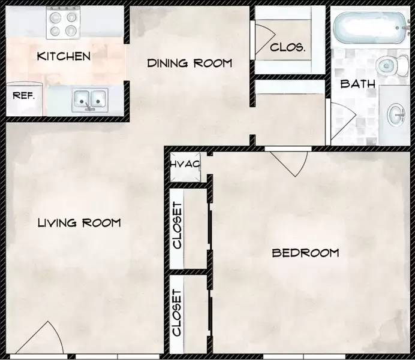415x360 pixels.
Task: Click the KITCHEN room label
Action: coord(64,56)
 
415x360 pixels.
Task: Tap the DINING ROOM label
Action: coord(190,63)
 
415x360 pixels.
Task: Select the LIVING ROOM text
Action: coord(79,223)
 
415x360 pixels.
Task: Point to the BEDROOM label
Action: coord(305,253)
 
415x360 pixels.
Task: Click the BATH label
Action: coord(358,84)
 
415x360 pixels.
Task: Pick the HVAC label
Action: coord(185,164)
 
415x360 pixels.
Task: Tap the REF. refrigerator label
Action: coord(24,95)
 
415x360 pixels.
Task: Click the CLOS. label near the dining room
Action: coord(288,47)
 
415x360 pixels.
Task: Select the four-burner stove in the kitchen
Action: coord(64,23)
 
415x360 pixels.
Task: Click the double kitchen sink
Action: coord(91,99)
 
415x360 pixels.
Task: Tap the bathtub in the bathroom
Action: coord(370,28)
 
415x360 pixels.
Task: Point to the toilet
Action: coord(392,66)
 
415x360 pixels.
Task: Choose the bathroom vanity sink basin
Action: coord(396,115)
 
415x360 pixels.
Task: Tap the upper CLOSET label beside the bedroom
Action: coord(177,225)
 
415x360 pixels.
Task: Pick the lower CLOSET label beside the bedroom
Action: coord(177,313)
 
